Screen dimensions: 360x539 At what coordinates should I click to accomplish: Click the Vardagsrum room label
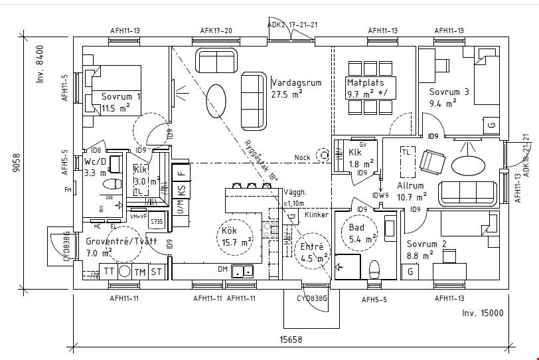pyautogui.click(x=296, y=82)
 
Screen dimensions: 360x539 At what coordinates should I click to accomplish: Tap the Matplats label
pyautogui.click(x=363, y=83)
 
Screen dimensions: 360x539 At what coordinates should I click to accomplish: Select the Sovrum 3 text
pyautogui.click(x=449, y=92)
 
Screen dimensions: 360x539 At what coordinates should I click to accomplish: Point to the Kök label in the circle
pyautogui.click(x=229, y=230)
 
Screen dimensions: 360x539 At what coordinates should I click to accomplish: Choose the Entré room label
pyautogui.click(x=312, y=246)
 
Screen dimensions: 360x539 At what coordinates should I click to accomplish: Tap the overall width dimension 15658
pyautogui.click(x=290, y=339)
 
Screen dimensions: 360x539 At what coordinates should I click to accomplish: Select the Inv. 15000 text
pyautogui.click(x=482, y=313)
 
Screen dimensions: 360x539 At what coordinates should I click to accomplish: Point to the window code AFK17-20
pyautogui.click(x=216, y=31)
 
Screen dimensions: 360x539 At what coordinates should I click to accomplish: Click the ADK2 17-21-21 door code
pyautogui.click(x=292, y=25)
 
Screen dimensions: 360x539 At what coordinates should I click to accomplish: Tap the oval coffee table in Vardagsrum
pyautogui.click(x=216, y=92)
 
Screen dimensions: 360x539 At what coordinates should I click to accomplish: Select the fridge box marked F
pyautogui.click(x=181, y=172)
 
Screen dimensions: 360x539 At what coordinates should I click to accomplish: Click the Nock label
pyautogui.click(x=303, y=158)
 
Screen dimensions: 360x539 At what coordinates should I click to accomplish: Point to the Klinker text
pyautogui.click(x=317, y=215)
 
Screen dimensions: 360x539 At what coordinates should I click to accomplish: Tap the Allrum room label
pyautogui.click(x=410, y=186)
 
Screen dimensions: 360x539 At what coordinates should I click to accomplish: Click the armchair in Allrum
pyautogui.click(x=433, y=161)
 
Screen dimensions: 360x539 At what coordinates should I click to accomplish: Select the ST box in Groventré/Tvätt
pyautogui.click(x=157, y=272)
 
